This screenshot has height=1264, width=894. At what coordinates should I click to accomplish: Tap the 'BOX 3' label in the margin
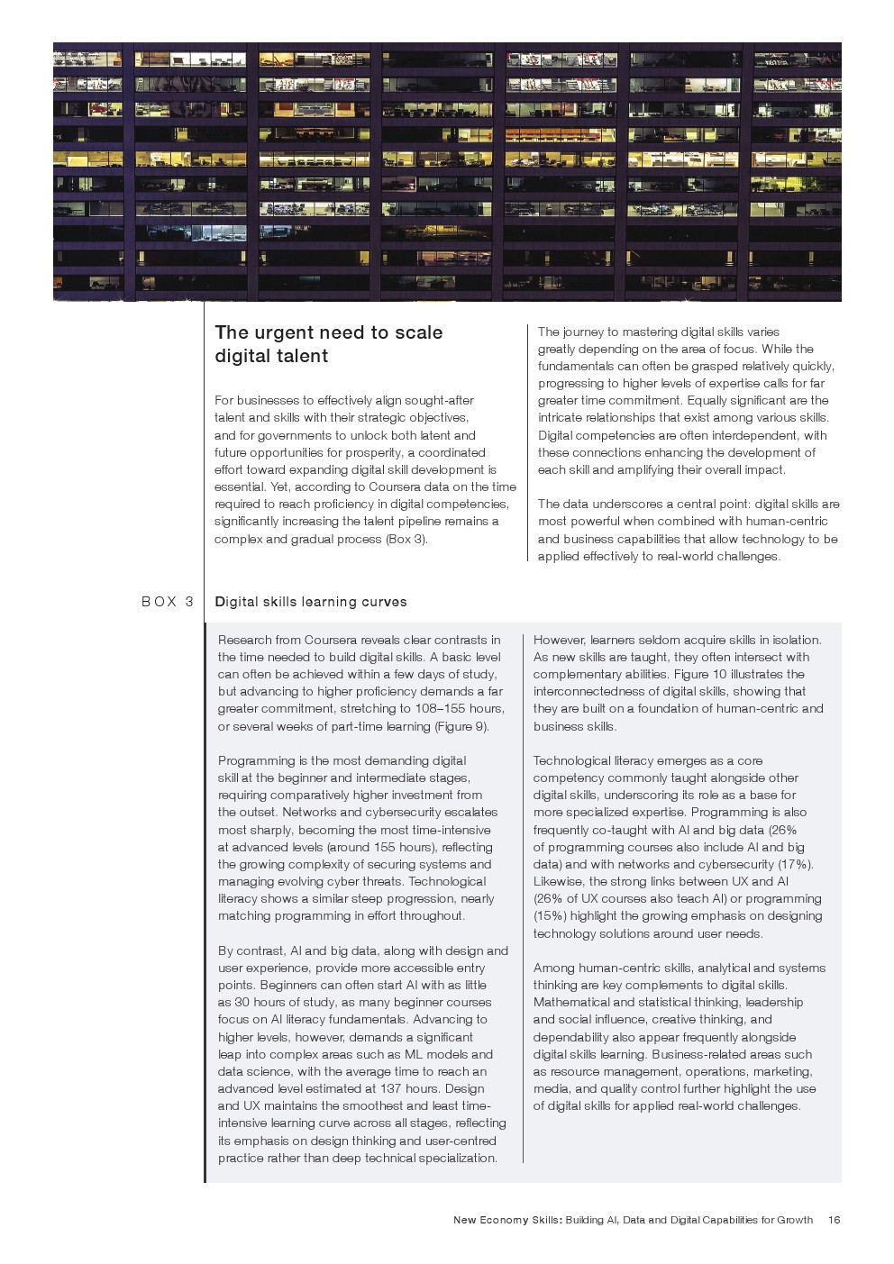(168, 602)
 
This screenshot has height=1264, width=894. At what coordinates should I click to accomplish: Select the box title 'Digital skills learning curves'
(311, 602)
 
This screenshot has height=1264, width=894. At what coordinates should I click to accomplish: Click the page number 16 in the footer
(834, 1220)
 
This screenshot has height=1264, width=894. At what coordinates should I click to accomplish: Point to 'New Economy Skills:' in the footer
(507, 1220)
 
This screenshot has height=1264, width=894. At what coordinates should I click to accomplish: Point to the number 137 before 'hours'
(391, 1088)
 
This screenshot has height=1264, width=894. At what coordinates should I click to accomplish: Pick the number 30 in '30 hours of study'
(242, 1002)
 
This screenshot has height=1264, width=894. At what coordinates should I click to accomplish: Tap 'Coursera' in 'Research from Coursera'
(330, 640)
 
